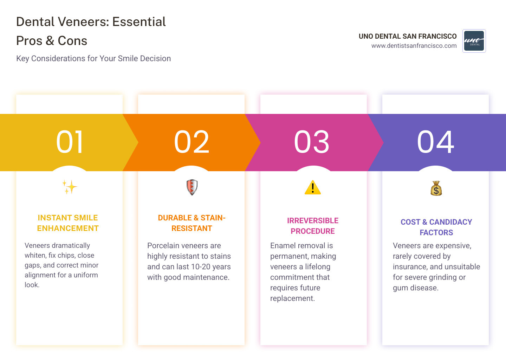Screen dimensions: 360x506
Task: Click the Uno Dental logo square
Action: (474, 41)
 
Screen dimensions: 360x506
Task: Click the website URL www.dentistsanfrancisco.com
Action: (414, 46)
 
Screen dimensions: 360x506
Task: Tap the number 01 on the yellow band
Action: (70, 142)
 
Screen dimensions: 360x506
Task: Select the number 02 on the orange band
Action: (192, 142)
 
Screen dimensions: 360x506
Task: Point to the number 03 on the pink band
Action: (312, 142)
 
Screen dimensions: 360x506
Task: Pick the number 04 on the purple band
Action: (436, 142)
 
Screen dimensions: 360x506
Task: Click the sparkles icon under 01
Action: (70, 187)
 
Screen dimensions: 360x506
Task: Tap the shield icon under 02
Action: (192, 187)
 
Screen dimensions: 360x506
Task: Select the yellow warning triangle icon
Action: (313, 187)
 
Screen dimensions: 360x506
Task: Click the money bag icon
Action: (436, 188)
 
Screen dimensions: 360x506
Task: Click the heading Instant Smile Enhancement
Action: (68, 223)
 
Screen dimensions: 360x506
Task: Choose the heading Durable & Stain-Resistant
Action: (192, 223)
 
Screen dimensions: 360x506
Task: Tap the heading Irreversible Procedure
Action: (313, 226)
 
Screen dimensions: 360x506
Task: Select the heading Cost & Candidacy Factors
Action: (436, 227)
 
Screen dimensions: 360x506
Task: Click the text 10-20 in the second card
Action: (199, 267)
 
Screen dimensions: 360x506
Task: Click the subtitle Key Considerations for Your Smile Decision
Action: (93, 58)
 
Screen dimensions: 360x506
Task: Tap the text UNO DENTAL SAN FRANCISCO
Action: (408, 36)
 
